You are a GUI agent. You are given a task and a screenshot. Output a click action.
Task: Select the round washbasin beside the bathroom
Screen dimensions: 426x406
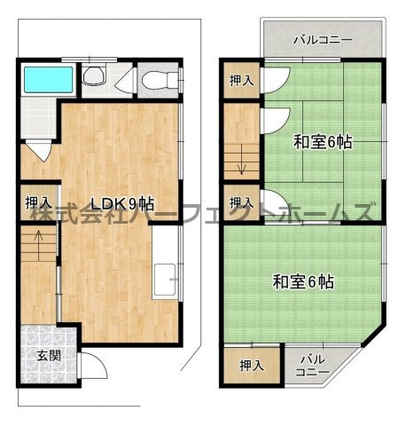click(x=94, y=79)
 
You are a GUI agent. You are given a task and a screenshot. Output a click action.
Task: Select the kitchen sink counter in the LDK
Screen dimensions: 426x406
click(x=165, y=280)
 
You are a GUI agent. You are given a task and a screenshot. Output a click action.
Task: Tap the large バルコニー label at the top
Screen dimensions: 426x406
click(x=323, y=40)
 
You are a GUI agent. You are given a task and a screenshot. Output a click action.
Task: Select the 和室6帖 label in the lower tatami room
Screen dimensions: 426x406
click(x=302, y=282)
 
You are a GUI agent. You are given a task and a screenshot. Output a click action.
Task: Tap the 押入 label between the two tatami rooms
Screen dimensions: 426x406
click(x=239, y=201)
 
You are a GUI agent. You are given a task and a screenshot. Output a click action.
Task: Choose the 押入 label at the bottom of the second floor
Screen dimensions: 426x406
click(x=252, y=365)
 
